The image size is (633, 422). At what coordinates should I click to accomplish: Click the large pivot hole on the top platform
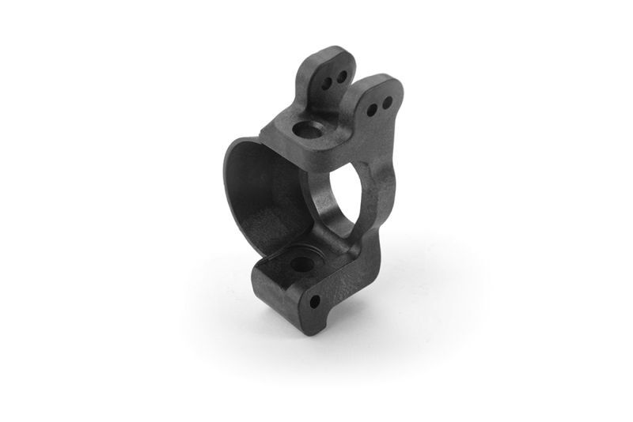304,129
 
